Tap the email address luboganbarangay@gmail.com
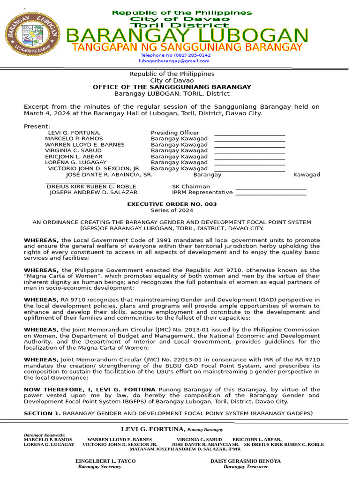[174, 61]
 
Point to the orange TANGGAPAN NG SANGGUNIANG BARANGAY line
[187, 47]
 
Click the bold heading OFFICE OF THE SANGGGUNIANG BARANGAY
[172, 87]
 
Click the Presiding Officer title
[175, 133]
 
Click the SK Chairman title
[191, 187]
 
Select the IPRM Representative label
[202, 192]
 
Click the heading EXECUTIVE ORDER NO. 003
[172, 204]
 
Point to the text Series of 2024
[172, 210]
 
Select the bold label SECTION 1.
[42, 413]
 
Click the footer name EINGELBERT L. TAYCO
[105, 461]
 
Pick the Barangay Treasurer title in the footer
[246, 466]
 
